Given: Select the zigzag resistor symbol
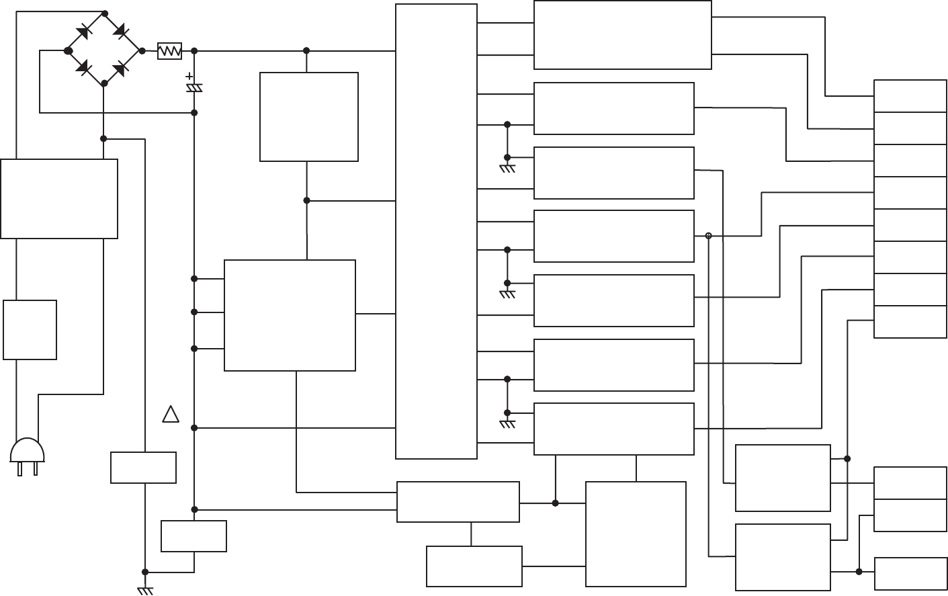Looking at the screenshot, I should pos(169,51).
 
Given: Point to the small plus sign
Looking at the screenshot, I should pos(189,77).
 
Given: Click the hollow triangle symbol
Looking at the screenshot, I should pos(171,415).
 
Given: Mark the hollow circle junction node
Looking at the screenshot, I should pos(708,236).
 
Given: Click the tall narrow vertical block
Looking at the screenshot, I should pos(436,231).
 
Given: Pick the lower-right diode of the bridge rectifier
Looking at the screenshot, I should pos(121,68).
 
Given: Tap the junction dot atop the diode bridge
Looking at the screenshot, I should pos(104,13).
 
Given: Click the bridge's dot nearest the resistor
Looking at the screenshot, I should pos(142,50).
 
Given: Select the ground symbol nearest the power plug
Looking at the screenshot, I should pos(145,589).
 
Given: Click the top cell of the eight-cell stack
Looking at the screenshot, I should pos(910,95).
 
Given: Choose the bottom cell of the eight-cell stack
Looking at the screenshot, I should pos(910,321).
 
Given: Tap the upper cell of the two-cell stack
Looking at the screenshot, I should pos(910,482).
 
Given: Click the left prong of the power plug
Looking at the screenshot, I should pos(20,469).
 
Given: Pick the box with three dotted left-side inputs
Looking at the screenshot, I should pos(290,315).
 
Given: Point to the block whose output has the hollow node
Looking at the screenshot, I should pos(613,236).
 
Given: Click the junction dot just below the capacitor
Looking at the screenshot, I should pos(194,112).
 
